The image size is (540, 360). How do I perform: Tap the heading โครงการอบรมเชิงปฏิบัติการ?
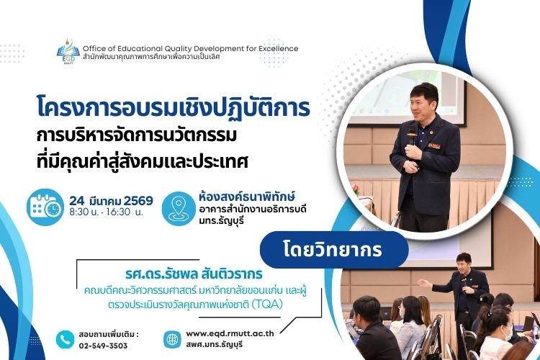click(x=173, y=108)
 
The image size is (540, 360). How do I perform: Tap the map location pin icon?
click(x=176, y=207)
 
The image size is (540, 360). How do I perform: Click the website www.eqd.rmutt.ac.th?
click(x=230, y=334)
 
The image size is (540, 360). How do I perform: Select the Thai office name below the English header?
click(x=181, y=57)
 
